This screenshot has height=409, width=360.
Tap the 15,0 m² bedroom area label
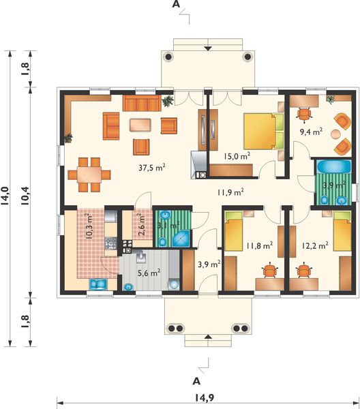pos(237,156)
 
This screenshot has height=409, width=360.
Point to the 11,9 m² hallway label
pos(231,192)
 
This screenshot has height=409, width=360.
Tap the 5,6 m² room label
pos(147,272)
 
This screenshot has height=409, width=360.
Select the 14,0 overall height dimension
pos(7,197)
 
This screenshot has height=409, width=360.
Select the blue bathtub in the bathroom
pos(330,166)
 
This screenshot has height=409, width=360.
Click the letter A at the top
pos(176,5)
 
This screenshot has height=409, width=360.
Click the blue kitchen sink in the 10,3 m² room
pos(97,286)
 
